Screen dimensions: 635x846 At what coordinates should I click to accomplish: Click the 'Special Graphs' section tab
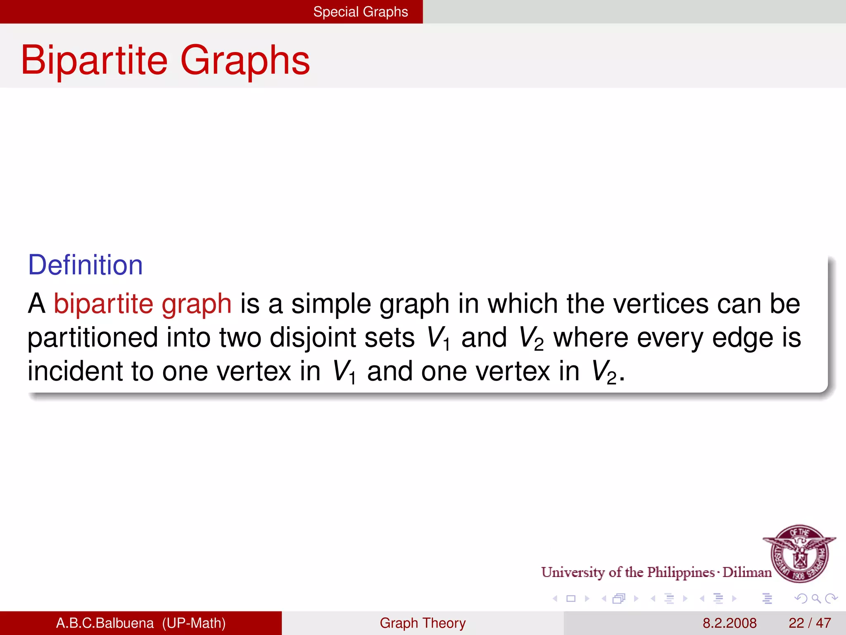click(x=360, y=12)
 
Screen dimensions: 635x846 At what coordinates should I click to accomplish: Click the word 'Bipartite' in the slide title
click(x=94, y=60)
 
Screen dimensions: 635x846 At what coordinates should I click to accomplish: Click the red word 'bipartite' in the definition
click(x=103, y=304)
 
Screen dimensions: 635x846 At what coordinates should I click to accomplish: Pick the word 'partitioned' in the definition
click(x=93, y=338)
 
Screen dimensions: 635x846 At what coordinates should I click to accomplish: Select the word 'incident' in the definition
click(x=75, y=371)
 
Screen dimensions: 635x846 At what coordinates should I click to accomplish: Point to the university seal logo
click(x=799, y=553)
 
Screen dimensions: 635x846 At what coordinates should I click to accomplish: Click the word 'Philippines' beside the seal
click(x=681, y=572)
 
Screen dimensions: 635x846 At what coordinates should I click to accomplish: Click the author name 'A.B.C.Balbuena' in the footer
click(x=105, y=623)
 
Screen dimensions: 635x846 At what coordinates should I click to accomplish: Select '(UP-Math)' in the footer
click(x=194, y=623)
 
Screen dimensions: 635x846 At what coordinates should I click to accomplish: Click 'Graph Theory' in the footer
click(x=423, y=623)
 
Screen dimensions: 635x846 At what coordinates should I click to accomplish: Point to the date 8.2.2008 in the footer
click(x=730, y=623)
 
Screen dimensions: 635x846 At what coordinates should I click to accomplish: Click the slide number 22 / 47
click(x=810, y=623)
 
